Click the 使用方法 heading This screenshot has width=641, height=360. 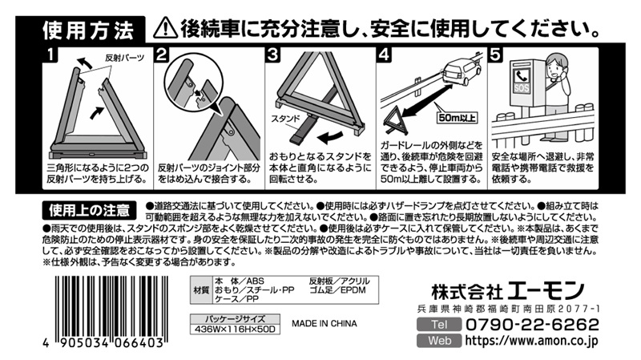click(x=88, y=30)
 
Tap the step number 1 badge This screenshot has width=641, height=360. click(x=50, y=55)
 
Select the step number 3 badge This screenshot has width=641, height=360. click(x=272, y=55)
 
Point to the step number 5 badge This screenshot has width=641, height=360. click(x=495, y=55)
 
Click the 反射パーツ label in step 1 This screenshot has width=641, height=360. click(x=125, y=58)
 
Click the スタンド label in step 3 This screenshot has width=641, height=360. click(x=285, y=119)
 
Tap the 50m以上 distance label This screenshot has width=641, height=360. click(x=457, y=118)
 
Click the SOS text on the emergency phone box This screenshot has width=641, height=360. click(x=522, y=87)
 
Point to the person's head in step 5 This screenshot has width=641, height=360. click(x=554, y=65)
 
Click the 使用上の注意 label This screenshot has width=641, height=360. click(x=89, y=210)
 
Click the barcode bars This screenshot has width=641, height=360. click(x=111, y=306)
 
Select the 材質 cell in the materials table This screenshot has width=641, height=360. click(x=201, y=290)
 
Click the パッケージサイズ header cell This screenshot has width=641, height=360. click(x=235, y=319)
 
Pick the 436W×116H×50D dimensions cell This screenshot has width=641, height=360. click(x=235, y=330)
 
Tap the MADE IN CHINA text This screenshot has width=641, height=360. click(x=325, y=324)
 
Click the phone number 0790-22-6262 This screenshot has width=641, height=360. click(x=532, y=325)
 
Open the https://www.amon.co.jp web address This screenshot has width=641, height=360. click(x=531, y=341)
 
